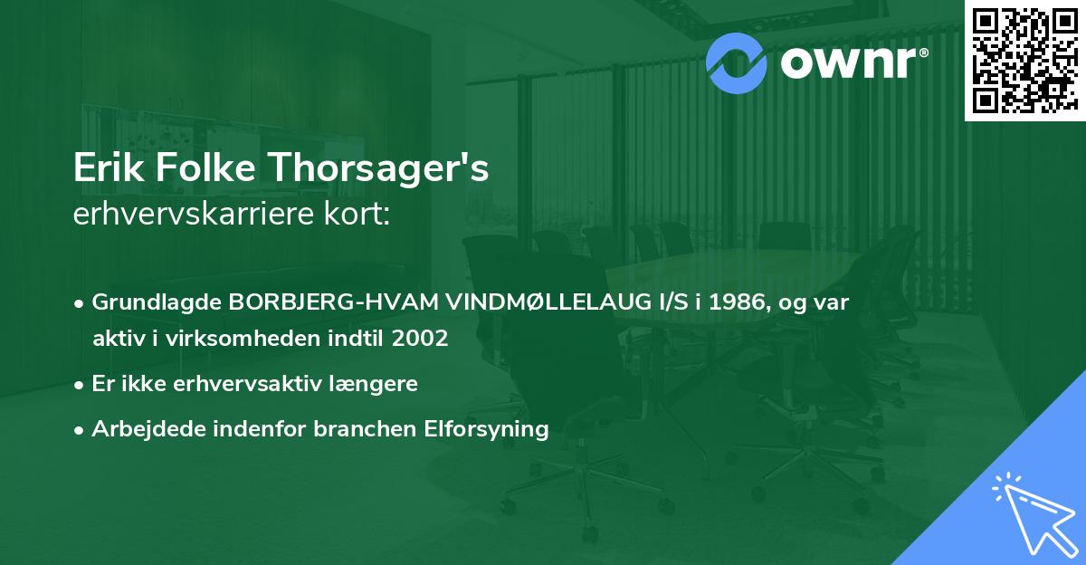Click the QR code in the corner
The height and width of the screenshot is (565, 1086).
(x=1024, y=60)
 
